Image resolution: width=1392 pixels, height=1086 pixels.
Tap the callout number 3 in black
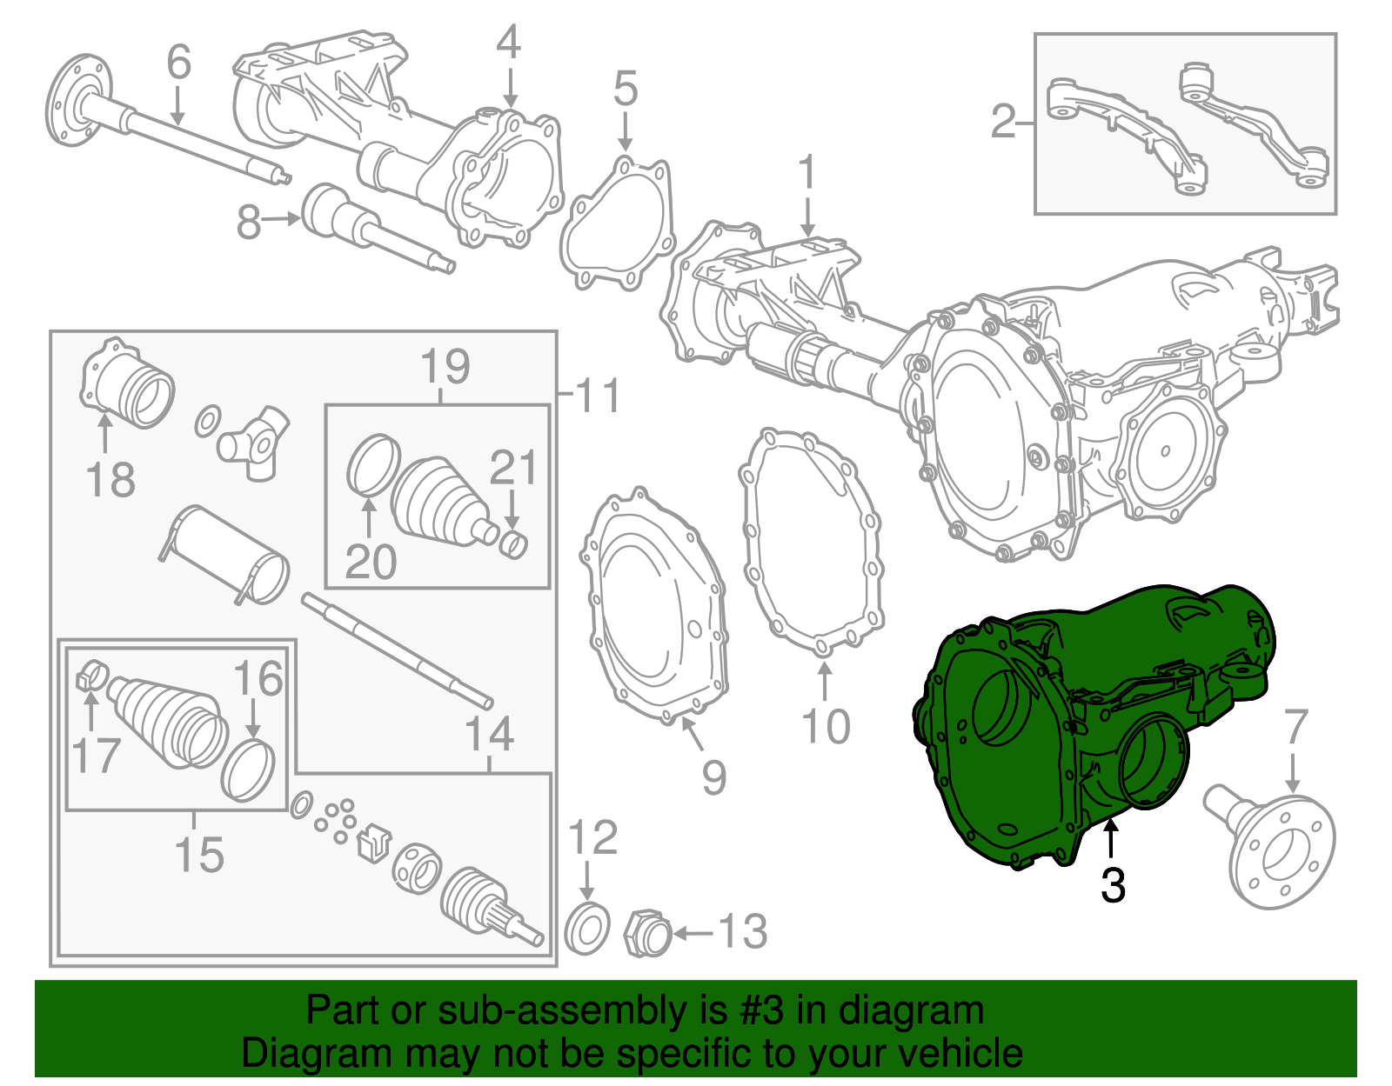pos(1113,886)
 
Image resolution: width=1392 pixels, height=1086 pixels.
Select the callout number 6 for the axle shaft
pos(178,63)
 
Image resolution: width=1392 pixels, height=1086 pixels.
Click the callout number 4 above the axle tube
pos(509,43)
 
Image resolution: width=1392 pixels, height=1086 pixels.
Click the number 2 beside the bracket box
pos(1003,122)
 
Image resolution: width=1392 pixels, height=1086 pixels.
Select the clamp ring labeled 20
pos(373,465)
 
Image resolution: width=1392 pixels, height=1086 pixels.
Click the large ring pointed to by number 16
pos(248,770)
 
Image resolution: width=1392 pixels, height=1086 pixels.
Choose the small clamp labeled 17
pos(91,674)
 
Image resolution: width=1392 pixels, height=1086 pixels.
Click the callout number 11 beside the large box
pos(599,396)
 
